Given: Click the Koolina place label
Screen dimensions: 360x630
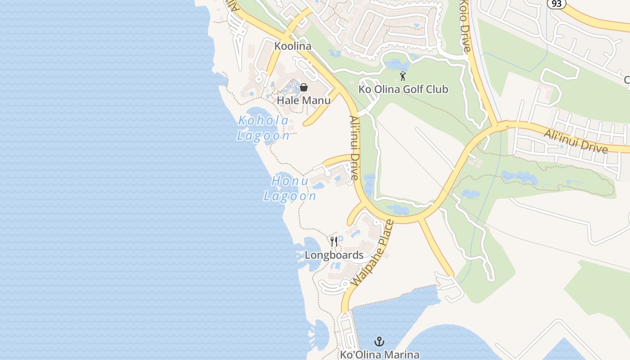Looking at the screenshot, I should coord(293,46).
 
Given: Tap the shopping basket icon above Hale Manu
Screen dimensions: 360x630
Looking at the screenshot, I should coord(304,87).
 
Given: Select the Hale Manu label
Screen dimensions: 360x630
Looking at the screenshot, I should coord(304,100).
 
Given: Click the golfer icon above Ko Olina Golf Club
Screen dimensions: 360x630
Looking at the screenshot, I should coord(403,76).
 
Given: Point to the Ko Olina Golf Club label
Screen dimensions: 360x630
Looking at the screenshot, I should coord(403,89).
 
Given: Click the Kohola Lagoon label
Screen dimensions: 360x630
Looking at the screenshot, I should coord(264,128).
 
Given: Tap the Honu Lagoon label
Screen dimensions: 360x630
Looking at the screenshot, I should coord(290,189).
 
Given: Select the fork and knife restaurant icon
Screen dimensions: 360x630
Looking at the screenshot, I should coord(334,242).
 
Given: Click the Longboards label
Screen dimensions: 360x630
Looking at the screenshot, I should coord(334,255).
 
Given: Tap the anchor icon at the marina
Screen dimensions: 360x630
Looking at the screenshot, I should coord(379,342).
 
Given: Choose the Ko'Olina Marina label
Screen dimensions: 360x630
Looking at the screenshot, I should coord(379,355).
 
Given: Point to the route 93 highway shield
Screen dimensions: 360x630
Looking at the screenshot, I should coord(557,3).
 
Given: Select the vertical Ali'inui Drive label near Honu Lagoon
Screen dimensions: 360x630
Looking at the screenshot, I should coord(355,148).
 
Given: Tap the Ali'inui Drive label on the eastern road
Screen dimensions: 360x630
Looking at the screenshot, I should coord(576,141).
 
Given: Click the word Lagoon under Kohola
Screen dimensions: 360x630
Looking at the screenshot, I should coord(264,135).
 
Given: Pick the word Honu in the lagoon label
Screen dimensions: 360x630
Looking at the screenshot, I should coord(290,181).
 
